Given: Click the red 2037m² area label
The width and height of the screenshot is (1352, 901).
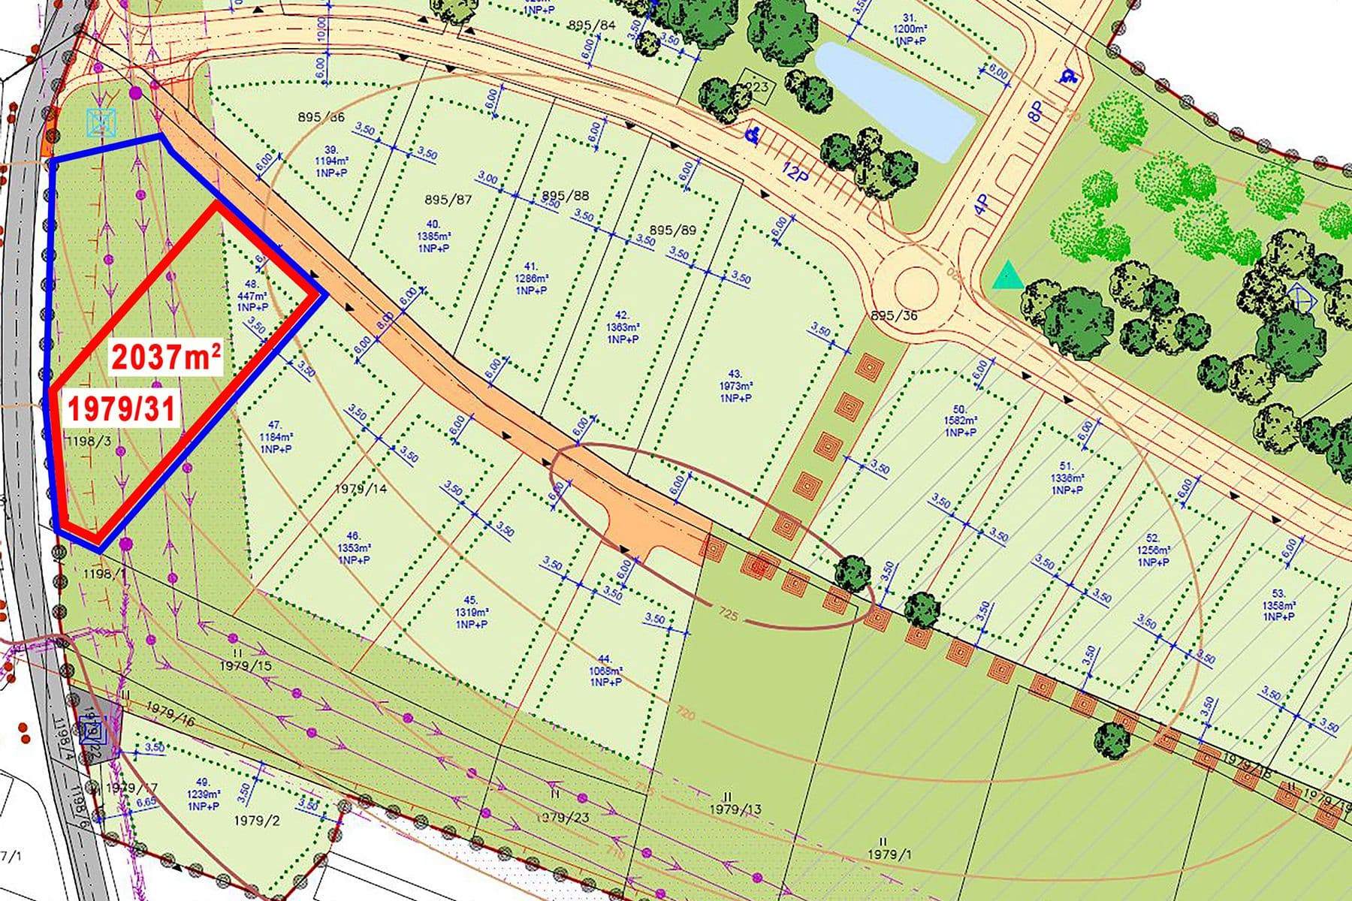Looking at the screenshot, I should pyautogui.click(x=167, y=356).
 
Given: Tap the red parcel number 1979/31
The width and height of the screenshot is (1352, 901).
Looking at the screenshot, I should pyautogui.click(x=122, y=408).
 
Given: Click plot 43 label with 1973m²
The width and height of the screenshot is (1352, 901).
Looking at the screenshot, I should pyautogui.click(x=735, y=386).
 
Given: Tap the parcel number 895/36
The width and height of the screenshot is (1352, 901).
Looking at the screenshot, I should pyautogui.click(x=894, y=315).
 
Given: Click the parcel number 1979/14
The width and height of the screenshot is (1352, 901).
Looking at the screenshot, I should pyautogui.click(x=361, y=489).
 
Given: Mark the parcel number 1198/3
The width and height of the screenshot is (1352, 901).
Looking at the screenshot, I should pyautogui.click(x=88, y=441).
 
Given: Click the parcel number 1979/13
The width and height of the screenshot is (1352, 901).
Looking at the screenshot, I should pyautogui.click(x=735, y=809).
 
